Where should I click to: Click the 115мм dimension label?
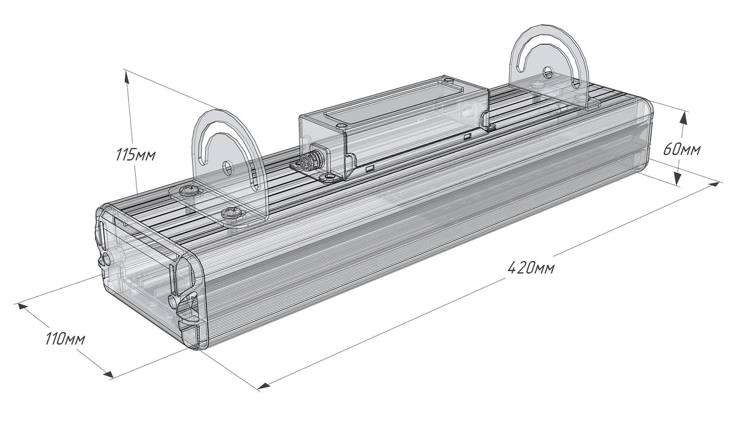(135, 155)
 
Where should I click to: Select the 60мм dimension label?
(682, 150)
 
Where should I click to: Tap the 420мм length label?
(531, 268)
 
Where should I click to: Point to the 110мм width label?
(65, 339)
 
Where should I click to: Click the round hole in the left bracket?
(228, 168)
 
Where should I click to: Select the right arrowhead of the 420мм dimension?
(713, 184)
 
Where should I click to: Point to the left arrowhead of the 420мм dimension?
(264, 386)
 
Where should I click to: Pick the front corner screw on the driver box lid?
(340, 126)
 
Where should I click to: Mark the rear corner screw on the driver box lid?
(449, 80)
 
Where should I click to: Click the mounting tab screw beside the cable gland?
(329, 177)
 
